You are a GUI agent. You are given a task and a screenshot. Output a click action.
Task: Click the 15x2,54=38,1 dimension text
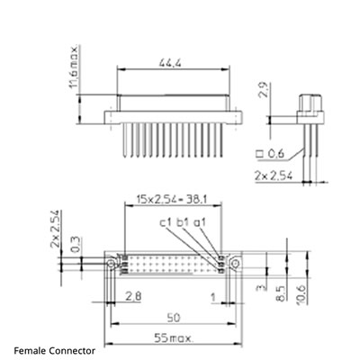point(171,197)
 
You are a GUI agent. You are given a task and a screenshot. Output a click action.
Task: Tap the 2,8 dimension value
point(132,296)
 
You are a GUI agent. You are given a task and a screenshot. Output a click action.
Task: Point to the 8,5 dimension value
point(283,292)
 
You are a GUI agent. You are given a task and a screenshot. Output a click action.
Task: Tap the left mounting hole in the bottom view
point(112,264)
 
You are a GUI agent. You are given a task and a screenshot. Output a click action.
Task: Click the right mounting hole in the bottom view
point(232,264)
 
